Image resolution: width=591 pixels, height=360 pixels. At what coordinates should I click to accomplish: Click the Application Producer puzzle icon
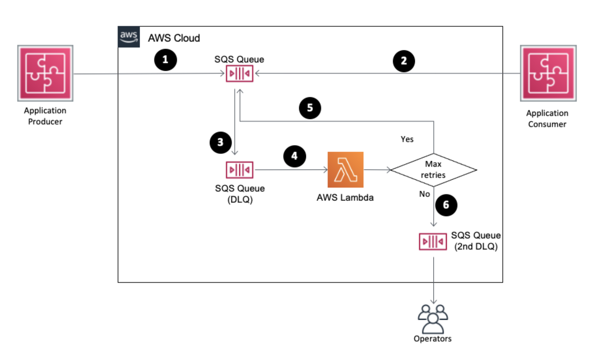point(45,73)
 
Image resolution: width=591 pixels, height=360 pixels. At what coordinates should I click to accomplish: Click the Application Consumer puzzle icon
point(548,73)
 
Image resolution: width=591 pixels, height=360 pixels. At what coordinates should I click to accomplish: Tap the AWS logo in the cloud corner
point(129,37)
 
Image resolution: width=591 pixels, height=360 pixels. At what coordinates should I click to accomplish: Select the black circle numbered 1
point(165,60)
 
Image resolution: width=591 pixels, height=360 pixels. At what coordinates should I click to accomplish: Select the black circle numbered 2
point(404,61)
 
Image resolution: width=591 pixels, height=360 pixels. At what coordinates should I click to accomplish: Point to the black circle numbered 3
point(220,142)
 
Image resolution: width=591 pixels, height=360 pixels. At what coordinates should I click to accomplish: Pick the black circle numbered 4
point(294,156)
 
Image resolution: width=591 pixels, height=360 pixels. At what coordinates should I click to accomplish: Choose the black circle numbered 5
point(310,108)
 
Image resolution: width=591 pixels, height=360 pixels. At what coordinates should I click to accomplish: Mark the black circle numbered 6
point(446,205)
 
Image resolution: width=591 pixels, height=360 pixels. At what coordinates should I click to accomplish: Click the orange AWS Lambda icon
point(345,170)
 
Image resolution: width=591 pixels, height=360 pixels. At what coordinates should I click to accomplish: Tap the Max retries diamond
point(433,170)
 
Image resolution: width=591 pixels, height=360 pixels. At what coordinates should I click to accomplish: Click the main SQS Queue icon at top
point(240,73)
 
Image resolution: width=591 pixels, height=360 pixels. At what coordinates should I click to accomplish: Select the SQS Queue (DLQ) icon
point(240,170)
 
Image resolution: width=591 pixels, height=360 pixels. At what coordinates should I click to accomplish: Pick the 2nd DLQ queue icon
point(433,241)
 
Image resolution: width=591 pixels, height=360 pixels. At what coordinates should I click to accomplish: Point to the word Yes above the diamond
point(407,139)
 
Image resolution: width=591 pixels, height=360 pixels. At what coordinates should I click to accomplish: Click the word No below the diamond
point(424,194)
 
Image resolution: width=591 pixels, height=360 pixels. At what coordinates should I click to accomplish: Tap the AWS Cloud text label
point(174,38)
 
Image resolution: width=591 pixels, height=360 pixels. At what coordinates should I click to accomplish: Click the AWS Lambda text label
point(345,198)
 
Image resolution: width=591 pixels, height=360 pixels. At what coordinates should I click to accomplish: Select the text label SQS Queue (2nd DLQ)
point(476,241)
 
